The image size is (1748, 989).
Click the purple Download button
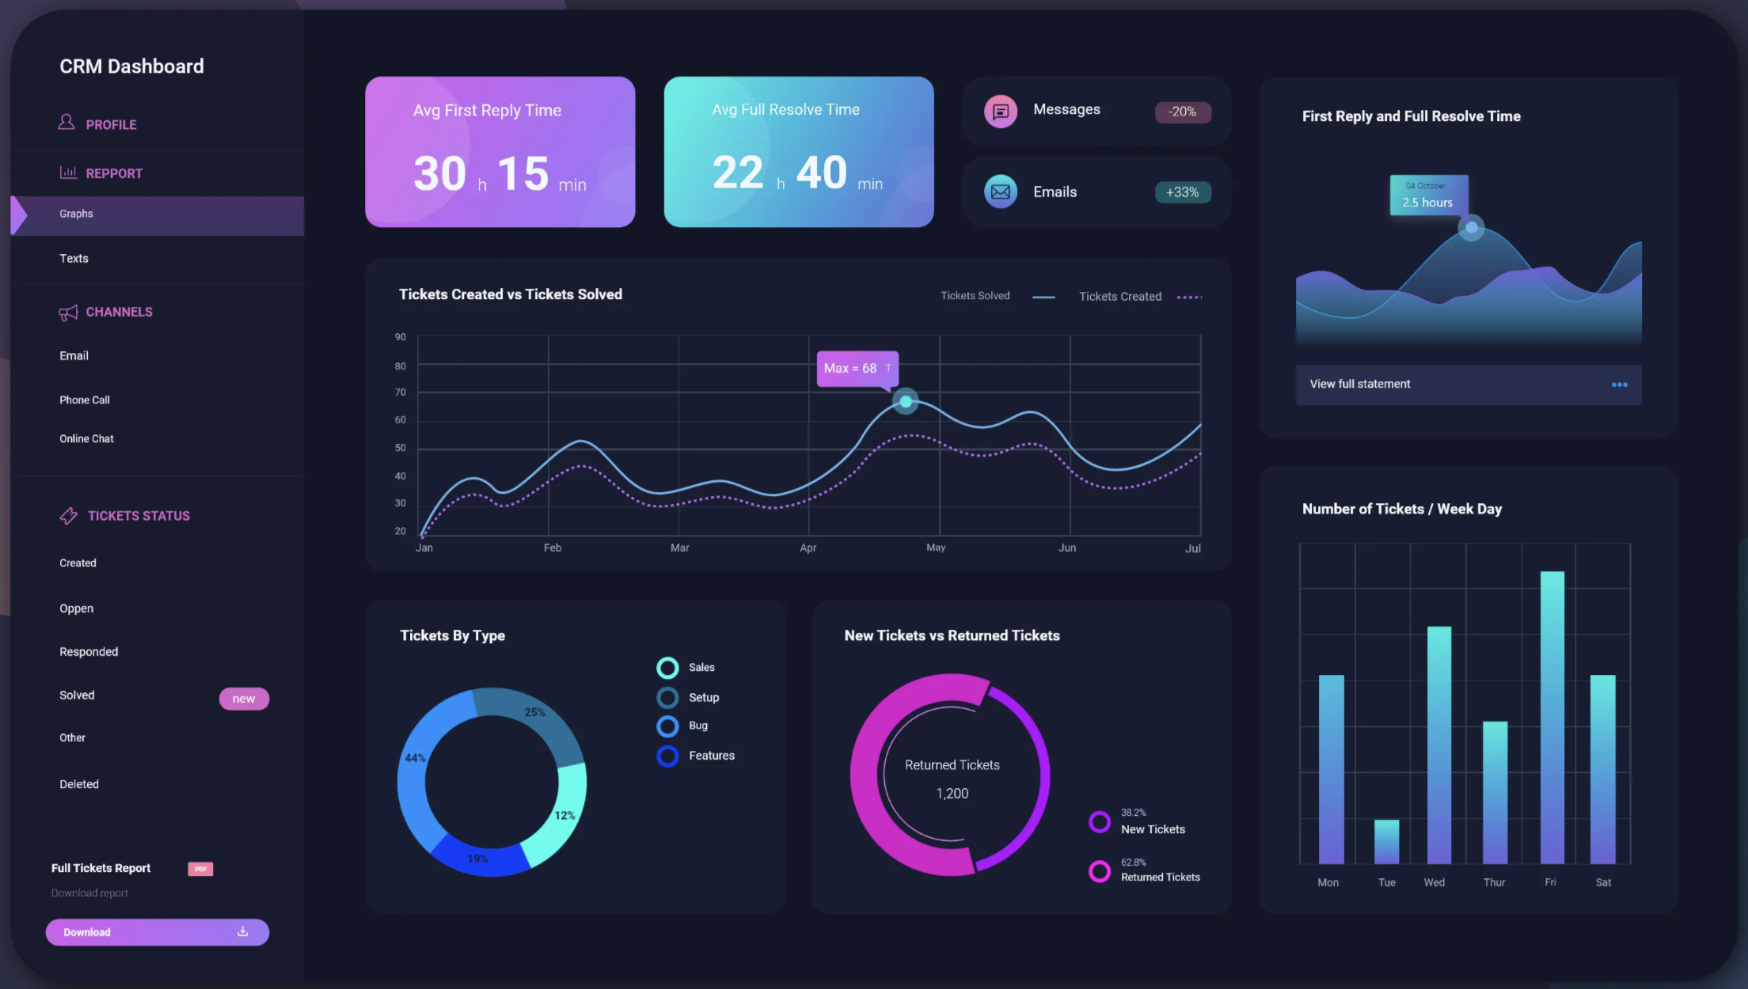click(x=157, y=932)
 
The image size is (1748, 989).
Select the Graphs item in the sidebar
click(x=77, y=214)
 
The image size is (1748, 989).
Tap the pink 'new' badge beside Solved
click(x=244, y=699)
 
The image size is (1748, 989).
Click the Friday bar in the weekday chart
click(x=1552, y=716)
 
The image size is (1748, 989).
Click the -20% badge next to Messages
click(x=1182, y=112)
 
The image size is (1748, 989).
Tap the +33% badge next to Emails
click(x=1182, y=192)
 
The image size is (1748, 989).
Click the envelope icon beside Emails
click(x=1001, y=191)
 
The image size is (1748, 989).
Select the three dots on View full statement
click(x=1619, y=385)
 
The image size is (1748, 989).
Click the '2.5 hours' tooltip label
click(x=1427, y=202)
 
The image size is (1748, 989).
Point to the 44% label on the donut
click(x=415, y=758)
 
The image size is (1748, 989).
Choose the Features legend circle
click(x=667, y=756)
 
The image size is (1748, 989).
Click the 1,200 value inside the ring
click(x=952, y=794)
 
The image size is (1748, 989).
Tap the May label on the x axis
click(x=936, y=548)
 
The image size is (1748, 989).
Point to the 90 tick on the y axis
click(x=401, y=337)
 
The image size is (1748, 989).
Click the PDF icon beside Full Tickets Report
click(x=200, y=869)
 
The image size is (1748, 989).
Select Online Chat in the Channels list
click(x=87, y=439)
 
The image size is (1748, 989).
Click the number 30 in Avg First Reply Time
click(x=440, y=174)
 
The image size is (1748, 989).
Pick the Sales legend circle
click(x=667, y=668)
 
